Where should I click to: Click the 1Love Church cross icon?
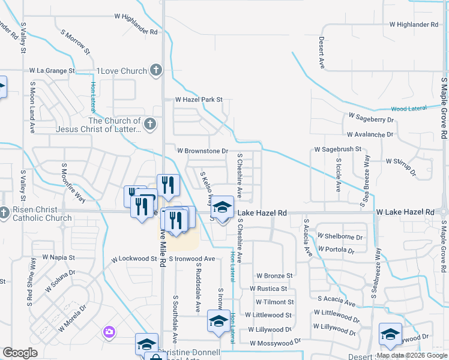pyautogui.click(x=156, y=70)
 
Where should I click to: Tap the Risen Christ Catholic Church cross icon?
pyautogui.click(x=5, y=212)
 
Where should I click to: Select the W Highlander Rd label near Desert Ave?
pyautogui.click(x=414, y=25)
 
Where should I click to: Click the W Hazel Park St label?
pyautogui.click(x=199, y=100)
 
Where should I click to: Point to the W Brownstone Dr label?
pyautogui.click(x=202, y=151)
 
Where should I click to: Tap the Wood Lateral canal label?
pyautogui.click(x=408, y=109)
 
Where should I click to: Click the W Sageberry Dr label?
pyautogui.click(x=371, y=120)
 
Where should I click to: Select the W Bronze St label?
pyautogui.click(x=274, y=276)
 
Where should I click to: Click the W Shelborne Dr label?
pyautogui.click(x=340, y=236)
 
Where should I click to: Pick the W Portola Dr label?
pyautogui.click(x=341, y=249)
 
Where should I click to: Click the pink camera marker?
pyautogui.click(x=109, y=331)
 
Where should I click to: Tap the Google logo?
pyautogui.click(x=20, y=352)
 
